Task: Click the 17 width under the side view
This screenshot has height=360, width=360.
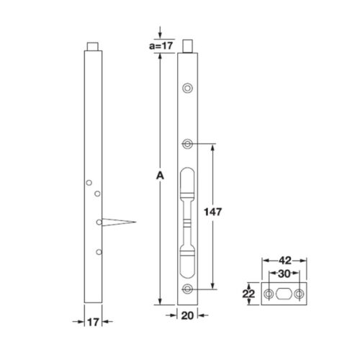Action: (91, 322)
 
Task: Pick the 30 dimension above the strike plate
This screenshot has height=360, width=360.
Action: (284, 275)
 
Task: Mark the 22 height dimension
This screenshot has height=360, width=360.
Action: (248, 294)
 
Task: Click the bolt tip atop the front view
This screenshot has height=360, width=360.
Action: (189, 47)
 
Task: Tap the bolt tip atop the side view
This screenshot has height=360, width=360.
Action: (92, 47)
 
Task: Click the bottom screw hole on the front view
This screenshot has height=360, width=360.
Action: (188, 289)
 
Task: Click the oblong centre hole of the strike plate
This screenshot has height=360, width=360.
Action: (284, 294)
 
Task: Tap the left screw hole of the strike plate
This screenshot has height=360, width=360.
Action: (268, 294)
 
